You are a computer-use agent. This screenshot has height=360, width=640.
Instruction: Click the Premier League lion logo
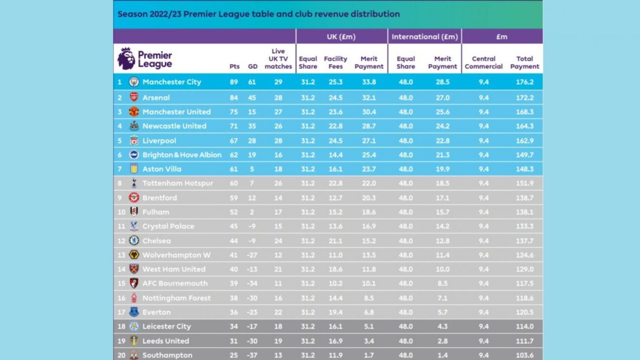pyautogui.click(x=126, y=59)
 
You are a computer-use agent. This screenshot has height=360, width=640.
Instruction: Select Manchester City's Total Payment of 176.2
pyautogui.click(x=525, y=82)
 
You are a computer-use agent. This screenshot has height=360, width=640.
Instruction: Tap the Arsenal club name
pyautogui.click(x=156, y=98)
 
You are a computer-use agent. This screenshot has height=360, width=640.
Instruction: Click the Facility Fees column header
pyautogui.click(x=336, y=63)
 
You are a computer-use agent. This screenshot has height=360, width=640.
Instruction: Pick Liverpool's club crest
pyautogui.click(x=134, y=141)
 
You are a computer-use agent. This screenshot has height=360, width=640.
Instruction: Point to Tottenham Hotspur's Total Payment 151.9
pyautogui.click(x=525, y=183)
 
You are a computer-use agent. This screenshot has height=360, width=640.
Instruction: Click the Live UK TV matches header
pyautogui.click(x=278, y=59)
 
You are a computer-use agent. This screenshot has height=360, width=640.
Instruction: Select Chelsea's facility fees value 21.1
pyautogui.click(x=336, y=241)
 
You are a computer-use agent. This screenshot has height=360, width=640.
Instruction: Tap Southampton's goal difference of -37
pyautogui.click(x=253, y=355)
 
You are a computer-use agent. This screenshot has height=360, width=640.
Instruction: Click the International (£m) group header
pyautogui.click(x=425, y=37)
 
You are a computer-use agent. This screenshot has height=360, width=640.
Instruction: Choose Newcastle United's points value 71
pyautogui.click(x=234, y=126)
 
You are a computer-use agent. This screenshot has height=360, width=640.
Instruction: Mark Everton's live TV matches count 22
pyautogui.click(x=278, y=312)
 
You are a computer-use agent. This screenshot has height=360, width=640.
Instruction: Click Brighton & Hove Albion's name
pyautogui.click(x=182, y=155)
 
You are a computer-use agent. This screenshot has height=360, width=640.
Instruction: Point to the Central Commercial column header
pyautogui.click(x=483, y=63)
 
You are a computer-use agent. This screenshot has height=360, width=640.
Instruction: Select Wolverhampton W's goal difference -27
pyautogui.click(x=253, y=255)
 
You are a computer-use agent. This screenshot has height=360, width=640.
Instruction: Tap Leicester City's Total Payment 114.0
pyautogui.click(x=525, y=327)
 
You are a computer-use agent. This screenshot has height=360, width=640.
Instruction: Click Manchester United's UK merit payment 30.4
pyautogui.click(x=369, y=112)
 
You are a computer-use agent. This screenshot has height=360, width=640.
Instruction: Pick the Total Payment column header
pyautogui.click(x=525, y=63)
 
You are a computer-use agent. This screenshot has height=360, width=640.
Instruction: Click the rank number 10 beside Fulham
pyautogui.click(x=121, y=212)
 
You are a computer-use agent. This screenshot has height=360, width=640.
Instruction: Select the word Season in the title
pyautogui.click(x=131, y=14)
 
